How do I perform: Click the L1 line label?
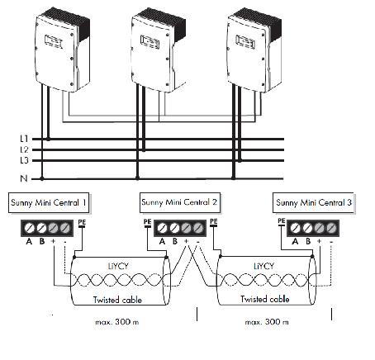(x=25, y=139)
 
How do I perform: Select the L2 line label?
(x=25, y=149)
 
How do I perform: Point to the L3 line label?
(x=25, y=160)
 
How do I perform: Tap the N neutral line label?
(x=25, y=178)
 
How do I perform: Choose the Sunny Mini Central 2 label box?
(x=180, y=201)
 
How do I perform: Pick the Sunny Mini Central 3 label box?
(x=311, y=201)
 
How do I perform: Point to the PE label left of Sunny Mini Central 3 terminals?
(x=282, y=221)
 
